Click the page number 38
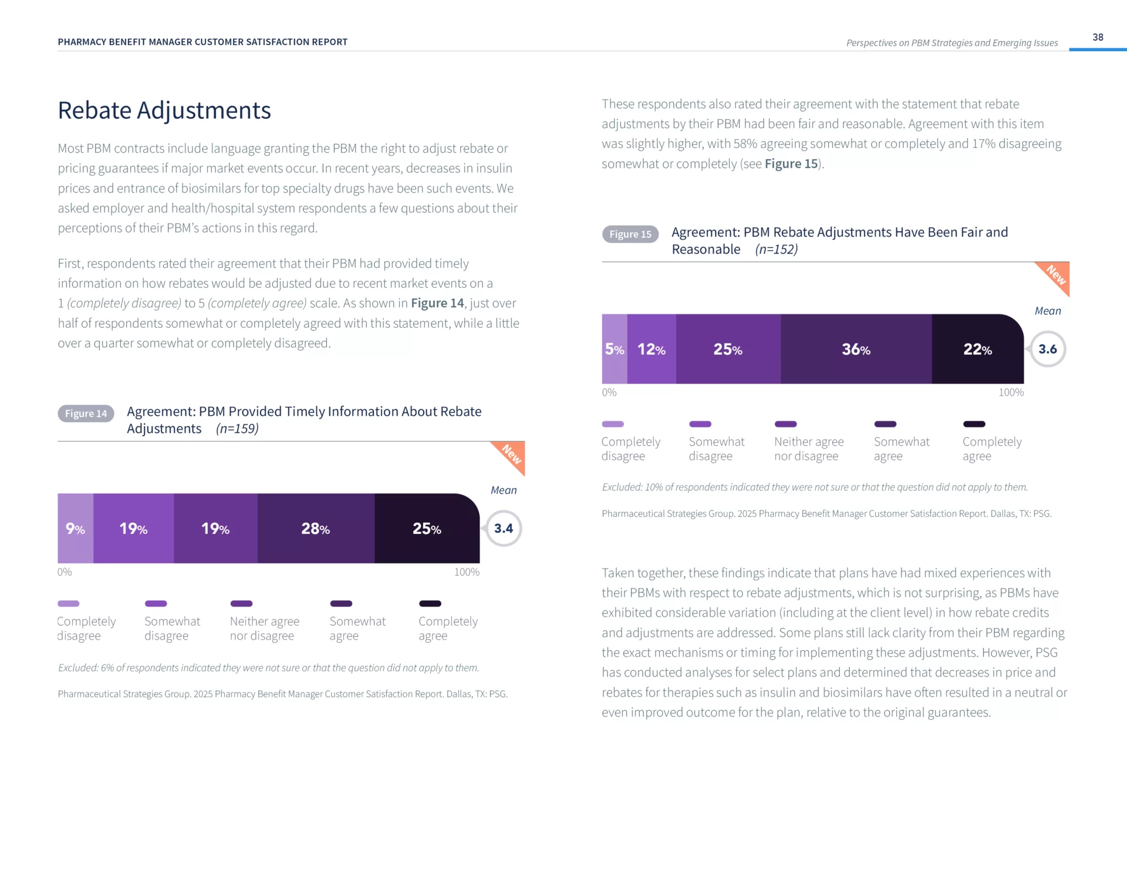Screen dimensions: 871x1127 [1098, 37]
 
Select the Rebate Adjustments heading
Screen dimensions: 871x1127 [164, 110]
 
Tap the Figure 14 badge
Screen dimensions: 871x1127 [86, 413]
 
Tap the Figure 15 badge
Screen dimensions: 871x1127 [630, 234]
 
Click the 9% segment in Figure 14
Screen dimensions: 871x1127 [75, 529]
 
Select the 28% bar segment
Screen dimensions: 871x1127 [316, 529]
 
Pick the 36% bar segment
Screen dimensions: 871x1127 [856, 349]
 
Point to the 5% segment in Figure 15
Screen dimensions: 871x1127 [614, 349]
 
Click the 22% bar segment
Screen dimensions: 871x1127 [977, 349]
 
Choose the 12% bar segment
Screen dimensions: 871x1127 [652, 349]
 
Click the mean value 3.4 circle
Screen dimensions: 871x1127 [503, 529]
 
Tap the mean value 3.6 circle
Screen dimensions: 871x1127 [1047, 349]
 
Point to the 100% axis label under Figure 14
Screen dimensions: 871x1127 [467, 572]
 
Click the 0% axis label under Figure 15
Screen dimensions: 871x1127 [609, 392]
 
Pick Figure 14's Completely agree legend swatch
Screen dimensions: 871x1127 [430, 604]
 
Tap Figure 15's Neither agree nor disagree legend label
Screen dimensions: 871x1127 [808, 449]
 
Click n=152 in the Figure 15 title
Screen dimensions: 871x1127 [776, 250]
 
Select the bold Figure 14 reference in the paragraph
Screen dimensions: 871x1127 [437, 303]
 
